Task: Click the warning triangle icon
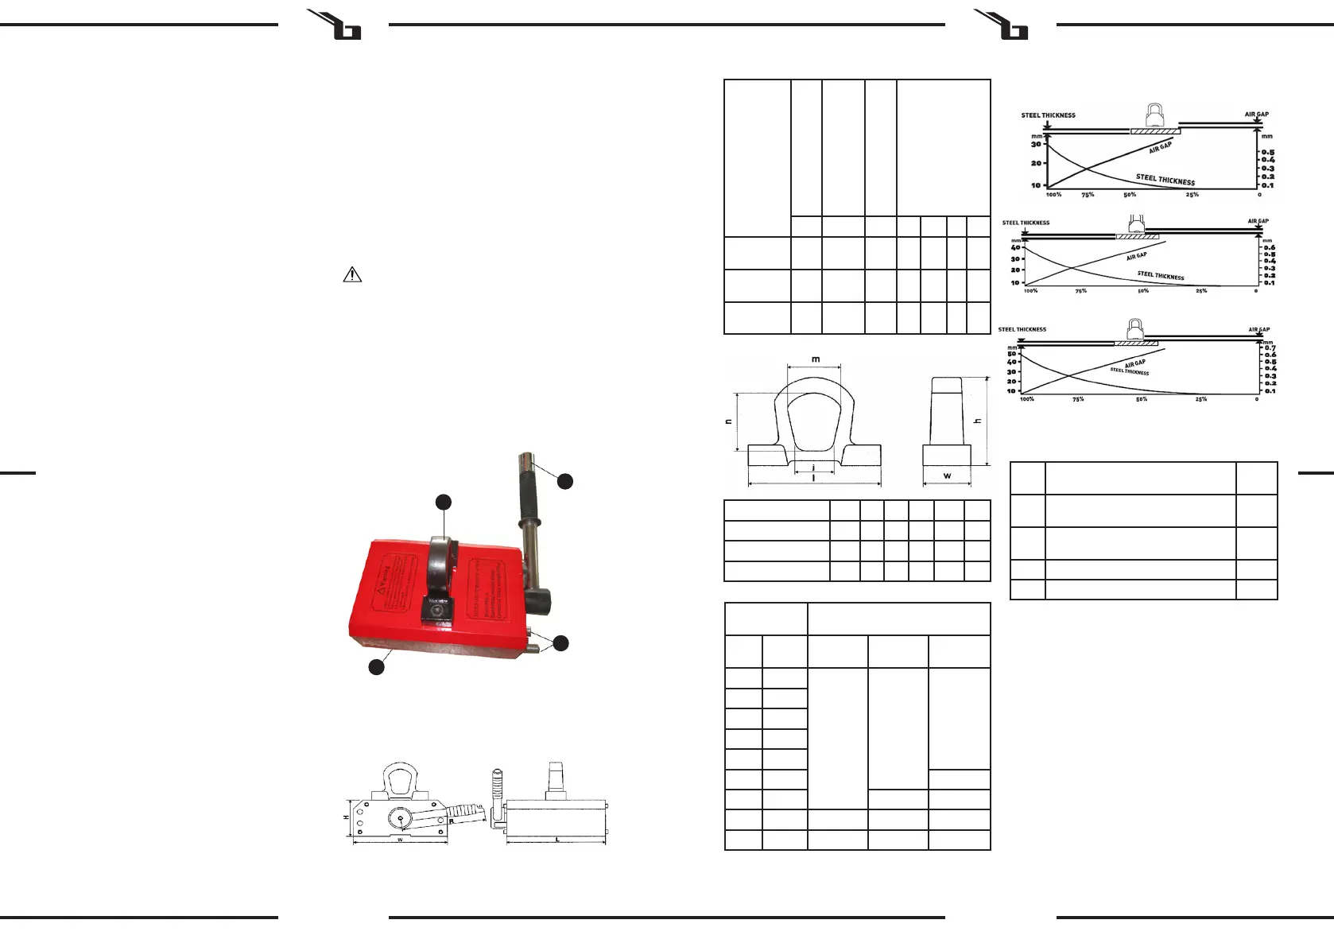click(352, 275)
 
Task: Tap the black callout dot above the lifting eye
click(444, 502)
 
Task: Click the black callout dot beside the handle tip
click(564, 480)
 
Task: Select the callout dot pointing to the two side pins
click(561, 643)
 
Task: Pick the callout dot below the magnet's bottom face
click(376, 667)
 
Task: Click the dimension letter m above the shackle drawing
click(815, 359)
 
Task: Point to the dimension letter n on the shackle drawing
click(729, 421)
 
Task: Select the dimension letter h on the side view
click(978, 421)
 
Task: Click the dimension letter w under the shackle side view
click(947, 476)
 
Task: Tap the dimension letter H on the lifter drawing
click(346, 817)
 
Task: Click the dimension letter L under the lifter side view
click(557, 840)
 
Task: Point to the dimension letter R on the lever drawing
click(451, 821)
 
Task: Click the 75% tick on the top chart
click(1087, 195)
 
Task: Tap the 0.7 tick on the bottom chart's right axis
click(1270, 348)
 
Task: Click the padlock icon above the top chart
click(1154, 114)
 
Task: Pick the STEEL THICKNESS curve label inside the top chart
click(1165, 180)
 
